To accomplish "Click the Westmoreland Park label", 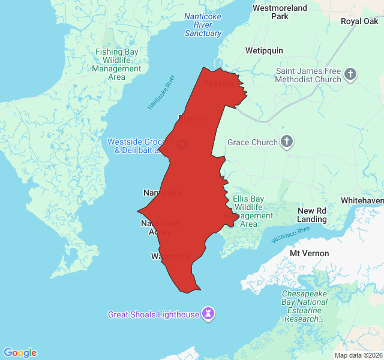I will point(280,12).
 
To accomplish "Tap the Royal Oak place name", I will point(359,21).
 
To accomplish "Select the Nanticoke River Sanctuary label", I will point(203,25).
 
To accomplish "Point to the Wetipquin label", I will point(264,50).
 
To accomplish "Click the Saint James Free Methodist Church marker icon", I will point(350,75).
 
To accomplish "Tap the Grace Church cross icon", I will point(287,142).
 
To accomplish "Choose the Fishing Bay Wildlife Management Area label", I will point(117,64).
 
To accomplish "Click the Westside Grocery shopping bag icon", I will point(182,144).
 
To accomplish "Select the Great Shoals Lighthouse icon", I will point(208,314).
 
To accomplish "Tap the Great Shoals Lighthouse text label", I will point(153,314).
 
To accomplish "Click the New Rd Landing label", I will point(312,215).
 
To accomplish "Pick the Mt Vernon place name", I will point(310,253).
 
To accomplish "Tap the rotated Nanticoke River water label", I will point(161,92).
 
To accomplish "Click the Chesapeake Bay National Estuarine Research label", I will point(305,306).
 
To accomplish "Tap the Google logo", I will point(20,353).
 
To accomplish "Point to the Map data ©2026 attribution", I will point(358,355).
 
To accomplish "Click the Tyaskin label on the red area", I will point(219,83).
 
